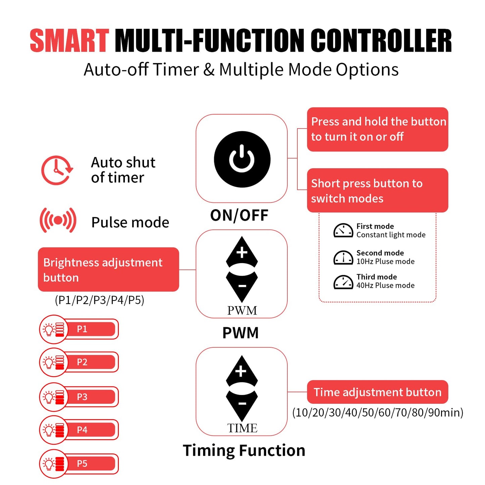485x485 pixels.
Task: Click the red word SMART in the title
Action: point(69,41)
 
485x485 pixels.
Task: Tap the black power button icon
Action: point(242,159)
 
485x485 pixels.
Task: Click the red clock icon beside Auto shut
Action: point(57,170)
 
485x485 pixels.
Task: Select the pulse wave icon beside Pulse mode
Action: point(58,220)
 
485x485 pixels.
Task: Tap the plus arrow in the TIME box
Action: point(242,372)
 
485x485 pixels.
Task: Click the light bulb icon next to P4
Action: point(49,430)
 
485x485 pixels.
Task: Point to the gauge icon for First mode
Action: point(343,230)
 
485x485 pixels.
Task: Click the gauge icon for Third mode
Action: point(343,282)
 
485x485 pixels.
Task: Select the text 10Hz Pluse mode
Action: point(385,261)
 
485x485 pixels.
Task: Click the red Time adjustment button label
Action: point(378,392)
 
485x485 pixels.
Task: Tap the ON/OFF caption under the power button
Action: point(239,215)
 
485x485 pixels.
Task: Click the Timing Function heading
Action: point(244,450)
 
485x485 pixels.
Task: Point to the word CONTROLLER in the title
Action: point(381,41)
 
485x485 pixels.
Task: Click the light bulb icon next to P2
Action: point(49,363)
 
